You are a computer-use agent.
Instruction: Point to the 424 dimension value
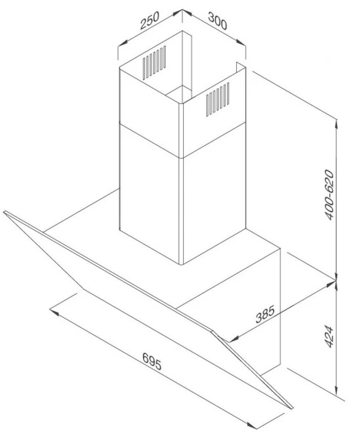point(330,336)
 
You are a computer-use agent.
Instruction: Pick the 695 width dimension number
point(151,361)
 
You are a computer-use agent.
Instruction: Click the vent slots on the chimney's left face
point(154,62)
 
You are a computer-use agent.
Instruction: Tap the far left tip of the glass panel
point(4,212)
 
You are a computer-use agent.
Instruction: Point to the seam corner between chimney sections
point(181,157)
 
